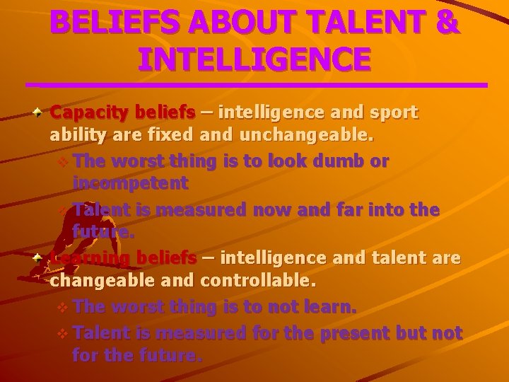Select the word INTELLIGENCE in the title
pos(255,59)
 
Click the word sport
pos(393,112)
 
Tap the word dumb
pos(334,161)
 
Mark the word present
pos(349,332)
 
